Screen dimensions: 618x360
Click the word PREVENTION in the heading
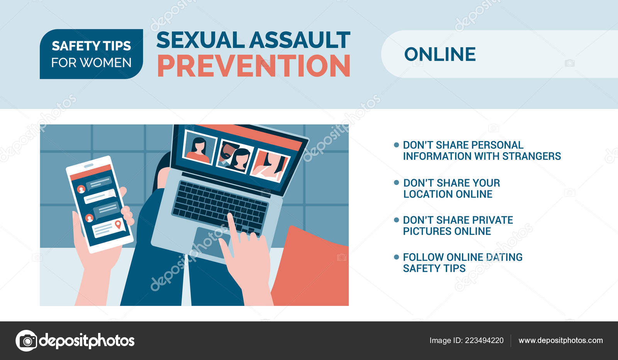point(254,66)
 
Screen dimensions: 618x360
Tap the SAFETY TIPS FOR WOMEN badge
point(91,54)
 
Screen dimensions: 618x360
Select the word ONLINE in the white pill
point(440,54)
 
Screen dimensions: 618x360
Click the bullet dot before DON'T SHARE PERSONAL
point(396,145)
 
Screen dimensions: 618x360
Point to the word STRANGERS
point(531,156)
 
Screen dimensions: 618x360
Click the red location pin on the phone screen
point(118,224)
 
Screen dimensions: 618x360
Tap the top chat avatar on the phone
point(81,189)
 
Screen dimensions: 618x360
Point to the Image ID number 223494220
point(484,340)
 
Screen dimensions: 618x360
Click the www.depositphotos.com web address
point(560,340)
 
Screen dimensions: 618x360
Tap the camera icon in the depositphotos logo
point(27,341)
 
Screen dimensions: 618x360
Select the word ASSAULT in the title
point(300,40)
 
